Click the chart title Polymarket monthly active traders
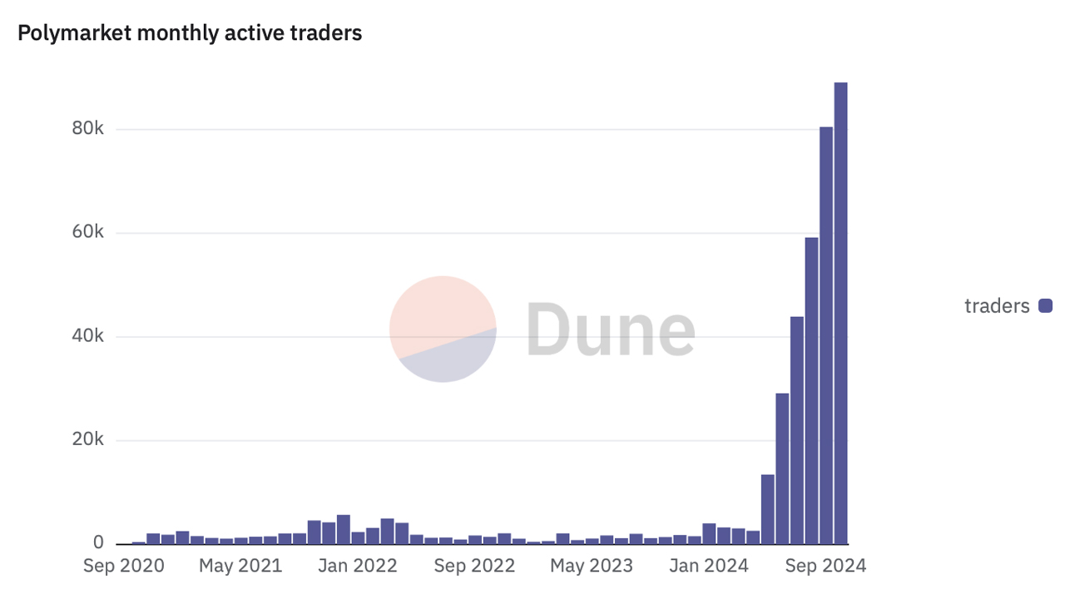190,33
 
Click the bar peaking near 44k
797,429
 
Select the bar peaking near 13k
767,508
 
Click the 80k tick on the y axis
87,129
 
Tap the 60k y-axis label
87,233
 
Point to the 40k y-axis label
87,336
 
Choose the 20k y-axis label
87,440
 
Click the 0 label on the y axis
98,543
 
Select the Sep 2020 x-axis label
124,567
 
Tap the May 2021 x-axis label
241,567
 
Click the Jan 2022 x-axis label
359,567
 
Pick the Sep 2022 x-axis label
475,567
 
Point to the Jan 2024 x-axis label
710,567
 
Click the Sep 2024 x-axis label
826,567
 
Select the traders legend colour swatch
1046,306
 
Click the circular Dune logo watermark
443,329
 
